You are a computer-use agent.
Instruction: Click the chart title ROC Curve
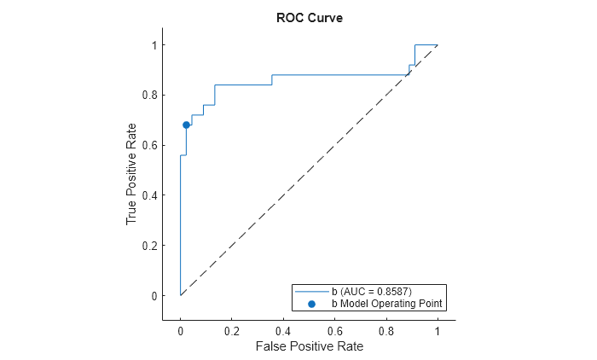(x=310, y=19)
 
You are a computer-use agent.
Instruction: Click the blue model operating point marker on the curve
(x=186, y=125)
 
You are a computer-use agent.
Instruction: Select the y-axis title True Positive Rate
(x=131, y=171)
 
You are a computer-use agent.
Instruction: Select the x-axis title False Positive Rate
(x=309, y=346)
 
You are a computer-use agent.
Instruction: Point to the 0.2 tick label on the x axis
(x=231, y=330)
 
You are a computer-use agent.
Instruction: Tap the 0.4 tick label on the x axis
(x=283, y=330)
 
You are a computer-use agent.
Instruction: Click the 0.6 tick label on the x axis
(x=334, y=330)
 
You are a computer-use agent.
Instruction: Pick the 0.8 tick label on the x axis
(x=386, y=330)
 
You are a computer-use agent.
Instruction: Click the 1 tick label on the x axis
(x=438, y=330)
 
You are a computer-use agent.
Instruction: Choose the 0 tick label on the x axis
(x=180, y=330)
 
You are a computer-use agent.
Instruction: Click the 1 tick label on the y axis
(x=155, y=44)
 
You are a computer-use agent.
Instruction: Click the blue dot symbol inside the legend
(x=311, y=303)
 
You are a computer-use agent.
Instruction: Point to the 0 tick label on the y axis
(x=155, y=296)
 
